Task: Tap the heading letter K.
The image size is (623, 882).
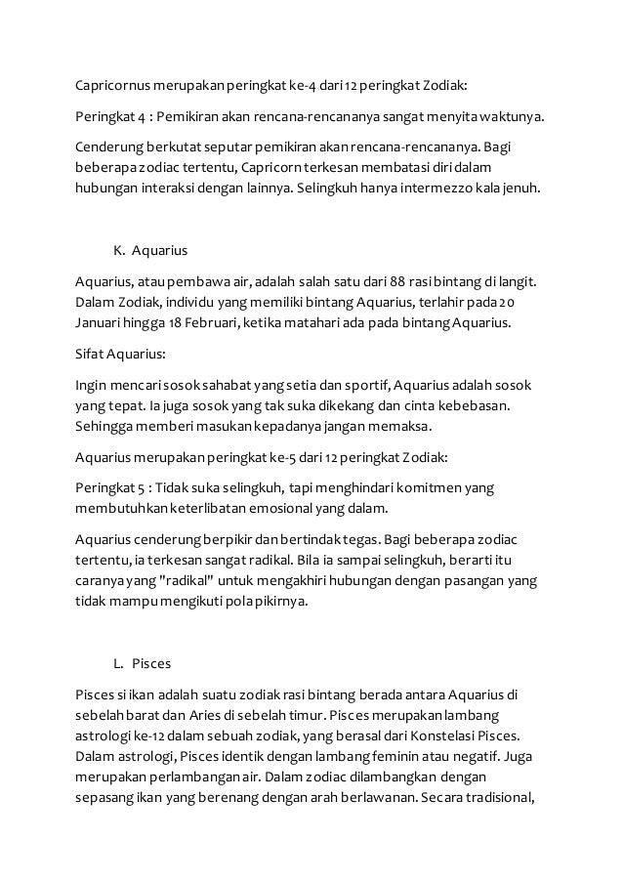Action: [118, 249]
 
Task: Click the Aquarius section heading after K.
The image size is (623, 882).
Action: [159, 249]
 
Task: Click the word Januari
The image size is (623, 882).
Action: [98, 323]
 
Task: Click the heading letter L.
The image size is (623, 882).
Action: [117, 663]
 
